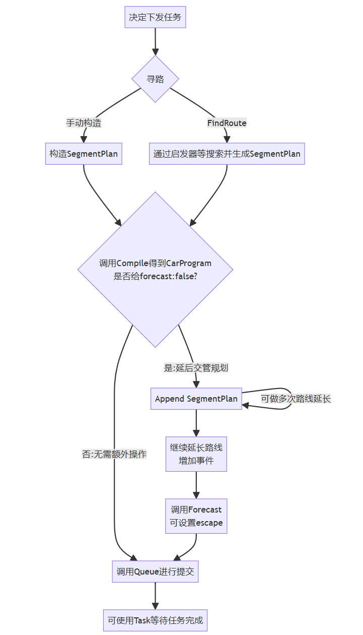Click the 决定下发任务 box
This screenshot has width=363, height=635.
[x=155, y=18]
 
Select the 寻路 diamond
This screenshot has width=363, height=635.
[x=155, y=79]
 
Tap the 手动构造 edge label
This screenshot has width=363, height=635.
[x=84, y=123]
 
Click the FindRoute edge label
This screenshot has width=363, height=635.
[x=227, y=123]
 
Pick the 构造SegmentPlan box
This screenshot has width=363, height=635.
[x=84, y=154]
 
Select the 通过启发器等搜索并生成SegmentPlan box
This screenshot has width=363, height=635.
[x=227, y=154]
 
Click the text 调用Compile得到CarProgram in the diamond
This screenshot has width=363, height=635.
[x=155, y=263]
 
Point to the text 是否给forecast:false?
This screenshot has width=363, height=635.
[x=155, y=276]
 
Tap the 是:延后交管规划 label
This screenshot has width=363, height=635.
[x=196, y=368]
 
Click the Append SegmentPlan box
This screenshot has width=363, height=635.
[x=196, y=399]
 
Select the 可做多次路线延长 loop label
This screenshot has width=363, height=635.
[x=296, y=399]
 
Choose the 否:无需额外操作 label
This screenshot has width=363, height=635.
[x=114, y=454]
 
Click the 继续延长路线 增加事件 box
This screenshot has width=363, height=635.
[x=196, y=454]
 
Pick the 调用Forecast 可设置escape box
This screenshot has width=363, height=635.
[x=196, y=516]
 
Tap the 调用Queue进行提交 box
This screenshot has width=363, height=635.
[x=155, y=571]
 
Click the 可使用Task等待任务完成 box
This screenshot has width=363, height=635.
[x=155, y=620]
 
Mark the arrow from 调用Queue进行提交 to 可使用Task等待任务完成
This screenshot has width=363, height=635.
[x=155, y=596]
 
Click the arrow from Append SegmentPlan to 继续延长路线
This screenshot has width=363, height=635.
[x=196, y=423]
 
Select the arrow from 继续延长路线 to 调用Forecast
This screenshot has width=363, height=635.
[x=196, y=485]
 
